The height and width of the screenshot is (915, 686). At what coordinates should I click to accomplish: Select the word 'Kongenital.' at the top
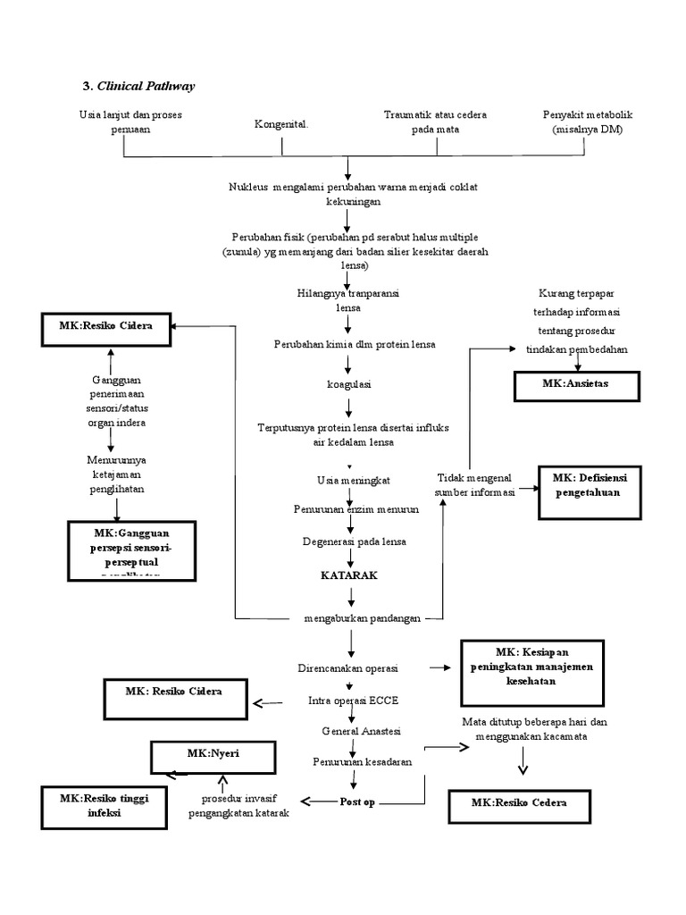click(281, 124)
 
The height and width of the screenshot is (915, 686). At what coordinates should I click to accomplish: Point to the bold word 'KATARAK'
click(349, 575)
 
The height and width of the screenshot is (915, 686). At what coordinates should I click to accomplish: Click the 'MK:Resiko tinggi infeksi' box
click(104, 805)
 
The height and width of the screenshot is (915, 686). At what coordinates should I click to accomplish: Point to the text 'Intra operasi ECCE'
click(347, 701)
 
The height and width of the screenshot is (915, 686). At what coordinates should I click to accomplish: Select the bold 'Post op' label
click(357, 802)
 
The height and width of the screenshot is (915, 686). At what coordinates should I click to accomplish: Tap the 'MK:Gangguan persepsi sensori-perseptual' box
click(134, 549)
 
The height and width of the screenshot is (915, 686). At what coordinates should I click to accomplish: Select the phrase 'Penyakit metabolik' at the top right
click(587, 116)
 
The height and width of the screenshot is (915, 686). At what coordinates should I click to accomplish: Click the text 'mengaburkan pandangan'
click(362, 618)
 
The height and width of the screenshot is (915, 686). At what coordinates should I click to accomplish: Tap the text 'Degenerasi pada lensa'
click(353, 542)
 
